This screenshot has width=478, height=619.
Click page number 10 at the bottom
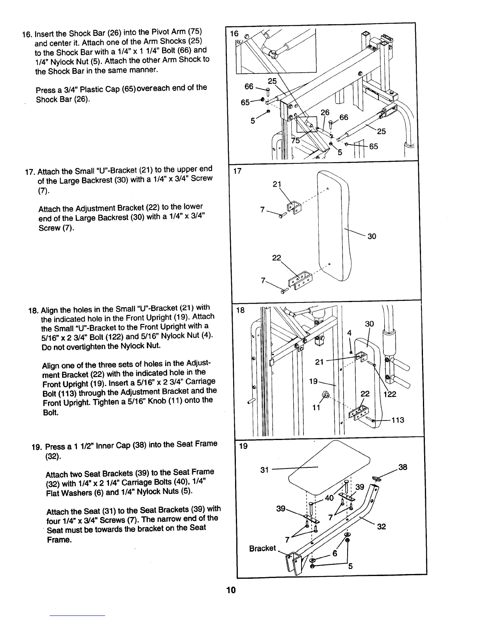pyautogui.click(x=231, y=590)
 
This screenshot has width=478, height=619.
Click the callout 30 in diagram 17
pyautogui.click(x=372, y=236)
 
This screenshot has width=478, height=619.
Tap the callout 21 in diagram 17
pyautogui.click(x=277, y=184)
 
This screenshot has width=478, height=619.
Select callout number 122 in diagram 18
pyautogui.click(x=390, y=394)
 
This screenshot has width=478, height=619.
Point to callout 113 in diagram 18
pyautogui.click(x=398, y=420)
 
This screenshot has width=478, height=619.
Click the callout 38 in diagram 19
pyautogui.click(x=403, y=467)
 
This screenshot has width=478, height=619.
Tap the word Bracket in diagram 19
pyautogui.click(x=262, y=548)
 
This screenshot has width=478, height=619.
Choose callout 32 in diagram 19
pyautogui.click(x=382, y=526)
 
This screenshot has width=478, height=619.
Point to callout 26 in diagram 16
pyautogui.click(x=325, y=113)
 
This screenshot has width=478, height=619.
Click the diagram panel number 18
pyautogui.click(x=241, y=310)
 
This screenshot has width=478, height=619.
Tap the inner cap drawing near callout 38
pyautogui.click(x=377, y=478)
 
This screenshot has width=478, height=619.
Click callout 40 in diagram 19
pyautogui.click(x=329, y=498)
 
